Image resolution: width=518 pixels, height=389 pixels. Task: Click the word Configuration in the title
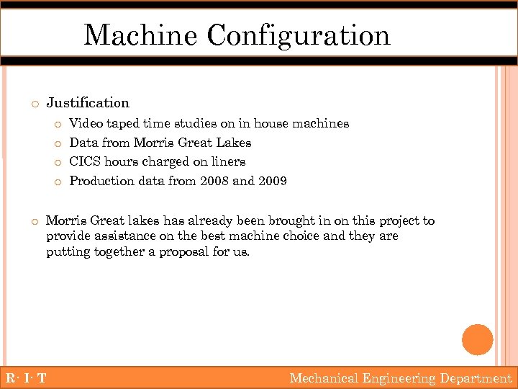(299, 36)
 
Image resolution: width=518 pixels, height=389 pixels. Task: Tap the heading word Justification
(88, 103)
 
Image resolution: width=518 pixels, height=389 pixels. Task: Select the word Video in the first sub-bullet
(86, 124)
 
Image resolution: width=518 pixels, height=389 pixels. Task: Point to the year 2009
(272, 182)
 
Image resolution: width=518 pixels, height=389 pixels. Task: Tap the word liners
(227, 162)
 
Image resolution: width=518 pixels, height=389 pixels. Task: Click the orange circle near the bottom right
(478, 339)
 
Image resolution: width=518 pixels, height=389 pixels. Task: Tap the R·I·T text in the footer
(26, 378)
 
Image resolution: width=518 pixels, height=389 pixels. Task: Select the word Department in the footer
(476, 378)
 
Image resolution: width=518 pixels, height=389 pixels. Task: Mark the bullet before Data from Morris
(58, 143)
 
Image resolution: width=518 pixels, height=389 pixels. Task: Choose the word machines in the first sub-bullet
(323, 124)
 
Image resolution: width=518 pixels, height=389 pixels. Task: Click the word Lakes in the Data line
(234, 143)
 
